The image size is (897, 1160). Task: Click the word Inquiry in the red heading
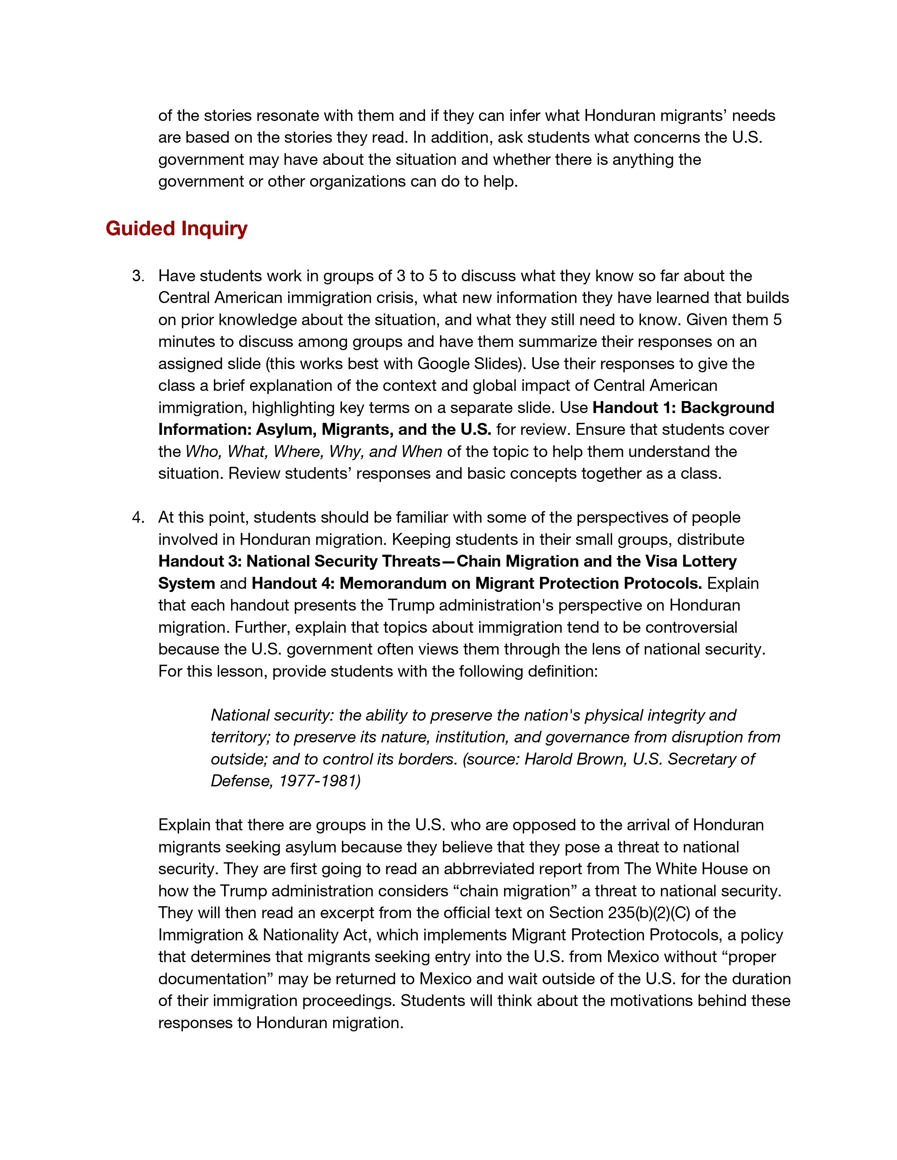214,229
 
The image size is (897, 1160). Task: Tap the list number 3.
138,276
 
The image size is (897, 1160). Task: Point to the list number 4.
138,517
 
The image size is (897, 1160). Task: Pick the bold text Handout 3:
200,561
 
